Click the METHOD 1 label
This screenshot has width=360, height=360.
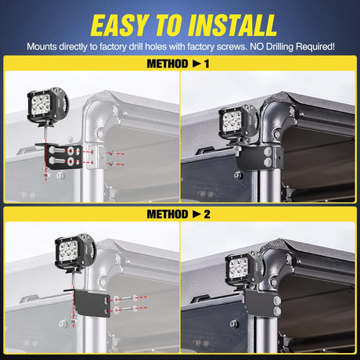179,63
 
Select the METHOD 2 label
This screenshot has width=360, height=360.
179,212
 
